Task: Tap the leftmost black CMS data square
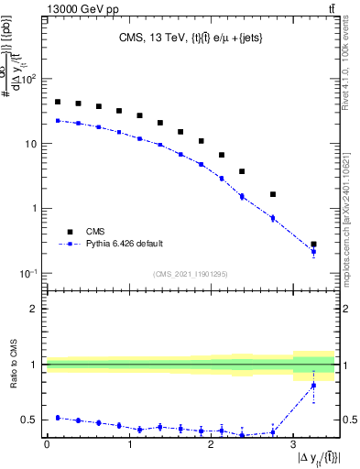click(x=58, y=102)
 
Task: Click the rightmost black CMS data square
click(x=313, y=245)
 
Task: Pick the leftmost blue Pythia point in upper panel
click(x=58, y=120)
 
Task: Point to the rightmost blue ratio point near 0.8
click(x=313, y=386)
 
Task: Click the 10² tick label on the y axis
click(x=27, y=80)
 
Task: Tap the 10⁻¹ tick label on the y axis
click(x=27, y=274)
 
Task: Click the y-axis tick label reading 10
click(x=30, y=145)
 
